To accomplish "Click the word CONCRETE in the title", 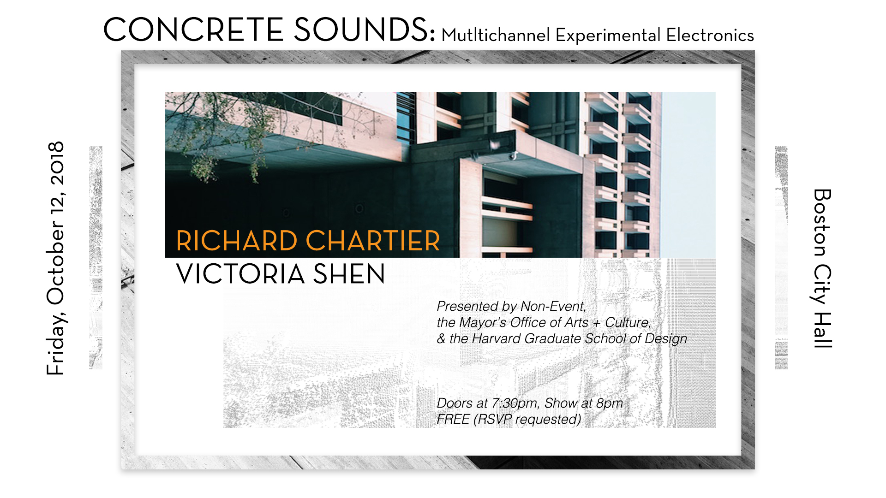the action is (x=193, y=30).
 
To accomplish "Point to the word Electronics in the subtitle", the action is (x=710, y=36).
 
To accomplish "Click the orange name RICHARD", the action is (x=237, y=241).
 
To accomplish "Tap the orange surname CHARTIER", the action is (x=373, y=241).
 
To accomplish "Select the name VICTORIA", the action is (x=240, y=273).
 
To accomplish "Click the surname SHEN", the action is (x=349, y=273).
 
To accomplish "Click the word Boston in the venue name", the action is (x=822, y=222).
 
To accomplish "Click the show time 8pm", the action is (x=609, y=403).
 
